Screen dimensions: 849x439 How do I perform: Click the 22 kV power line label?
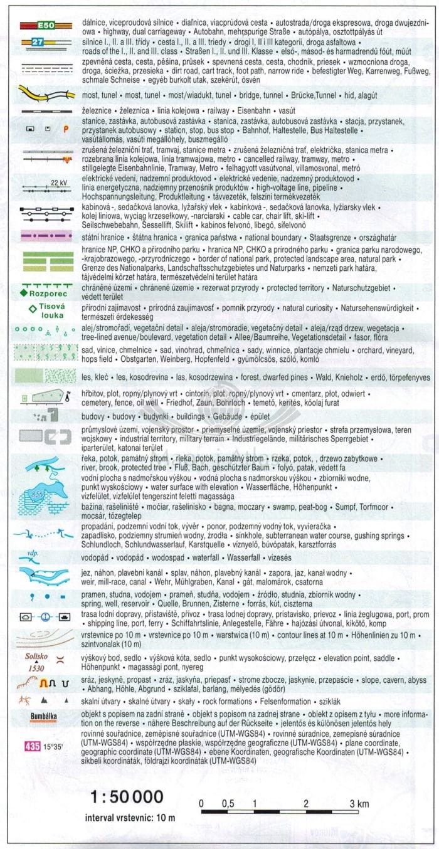59,182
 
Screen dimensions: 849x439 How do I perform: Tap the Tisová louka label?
52,312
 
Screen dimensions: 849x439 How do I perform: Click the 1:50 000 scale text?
127,797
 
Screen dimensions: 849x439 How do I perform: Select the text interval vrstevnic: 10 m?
130,818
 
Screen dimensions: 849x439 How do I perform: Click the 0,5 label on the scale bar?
228,803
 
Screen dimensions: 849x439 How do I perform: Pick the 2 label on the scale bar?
305,803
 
